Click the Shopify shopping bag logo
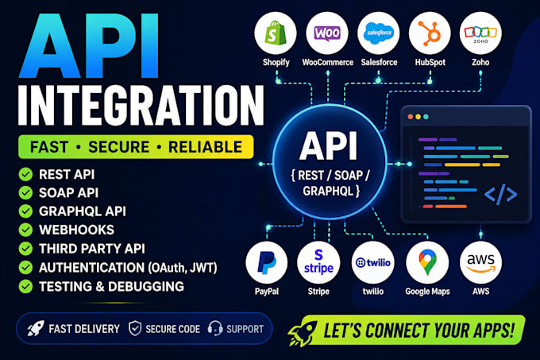[276, 33]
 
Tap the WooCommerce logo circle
[327, 33]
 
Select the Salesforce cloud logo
[379, 33]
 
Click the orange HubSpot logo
[430, 33]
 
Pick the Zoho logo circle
[480, 33]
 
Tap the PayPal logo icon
[266, 262]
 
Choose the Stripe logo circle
[318, 262]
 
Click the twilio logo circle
[373, 262]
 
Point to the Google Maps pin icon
[427, 262]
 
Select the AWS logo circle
[480, 262]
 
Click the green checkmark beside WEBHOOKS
[25, 230]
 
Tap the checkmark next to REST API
[25, 174]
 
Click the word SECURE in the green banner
[119, 147]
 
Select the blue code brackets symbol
[500, 194]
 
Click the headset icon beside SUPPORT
[215, 329]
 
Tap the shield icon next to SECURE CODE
[135, 329]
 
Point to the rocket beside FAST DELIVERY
[36, 328]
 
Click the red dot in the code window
[411, 117]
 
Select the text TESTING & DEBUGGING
[111, 287]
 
